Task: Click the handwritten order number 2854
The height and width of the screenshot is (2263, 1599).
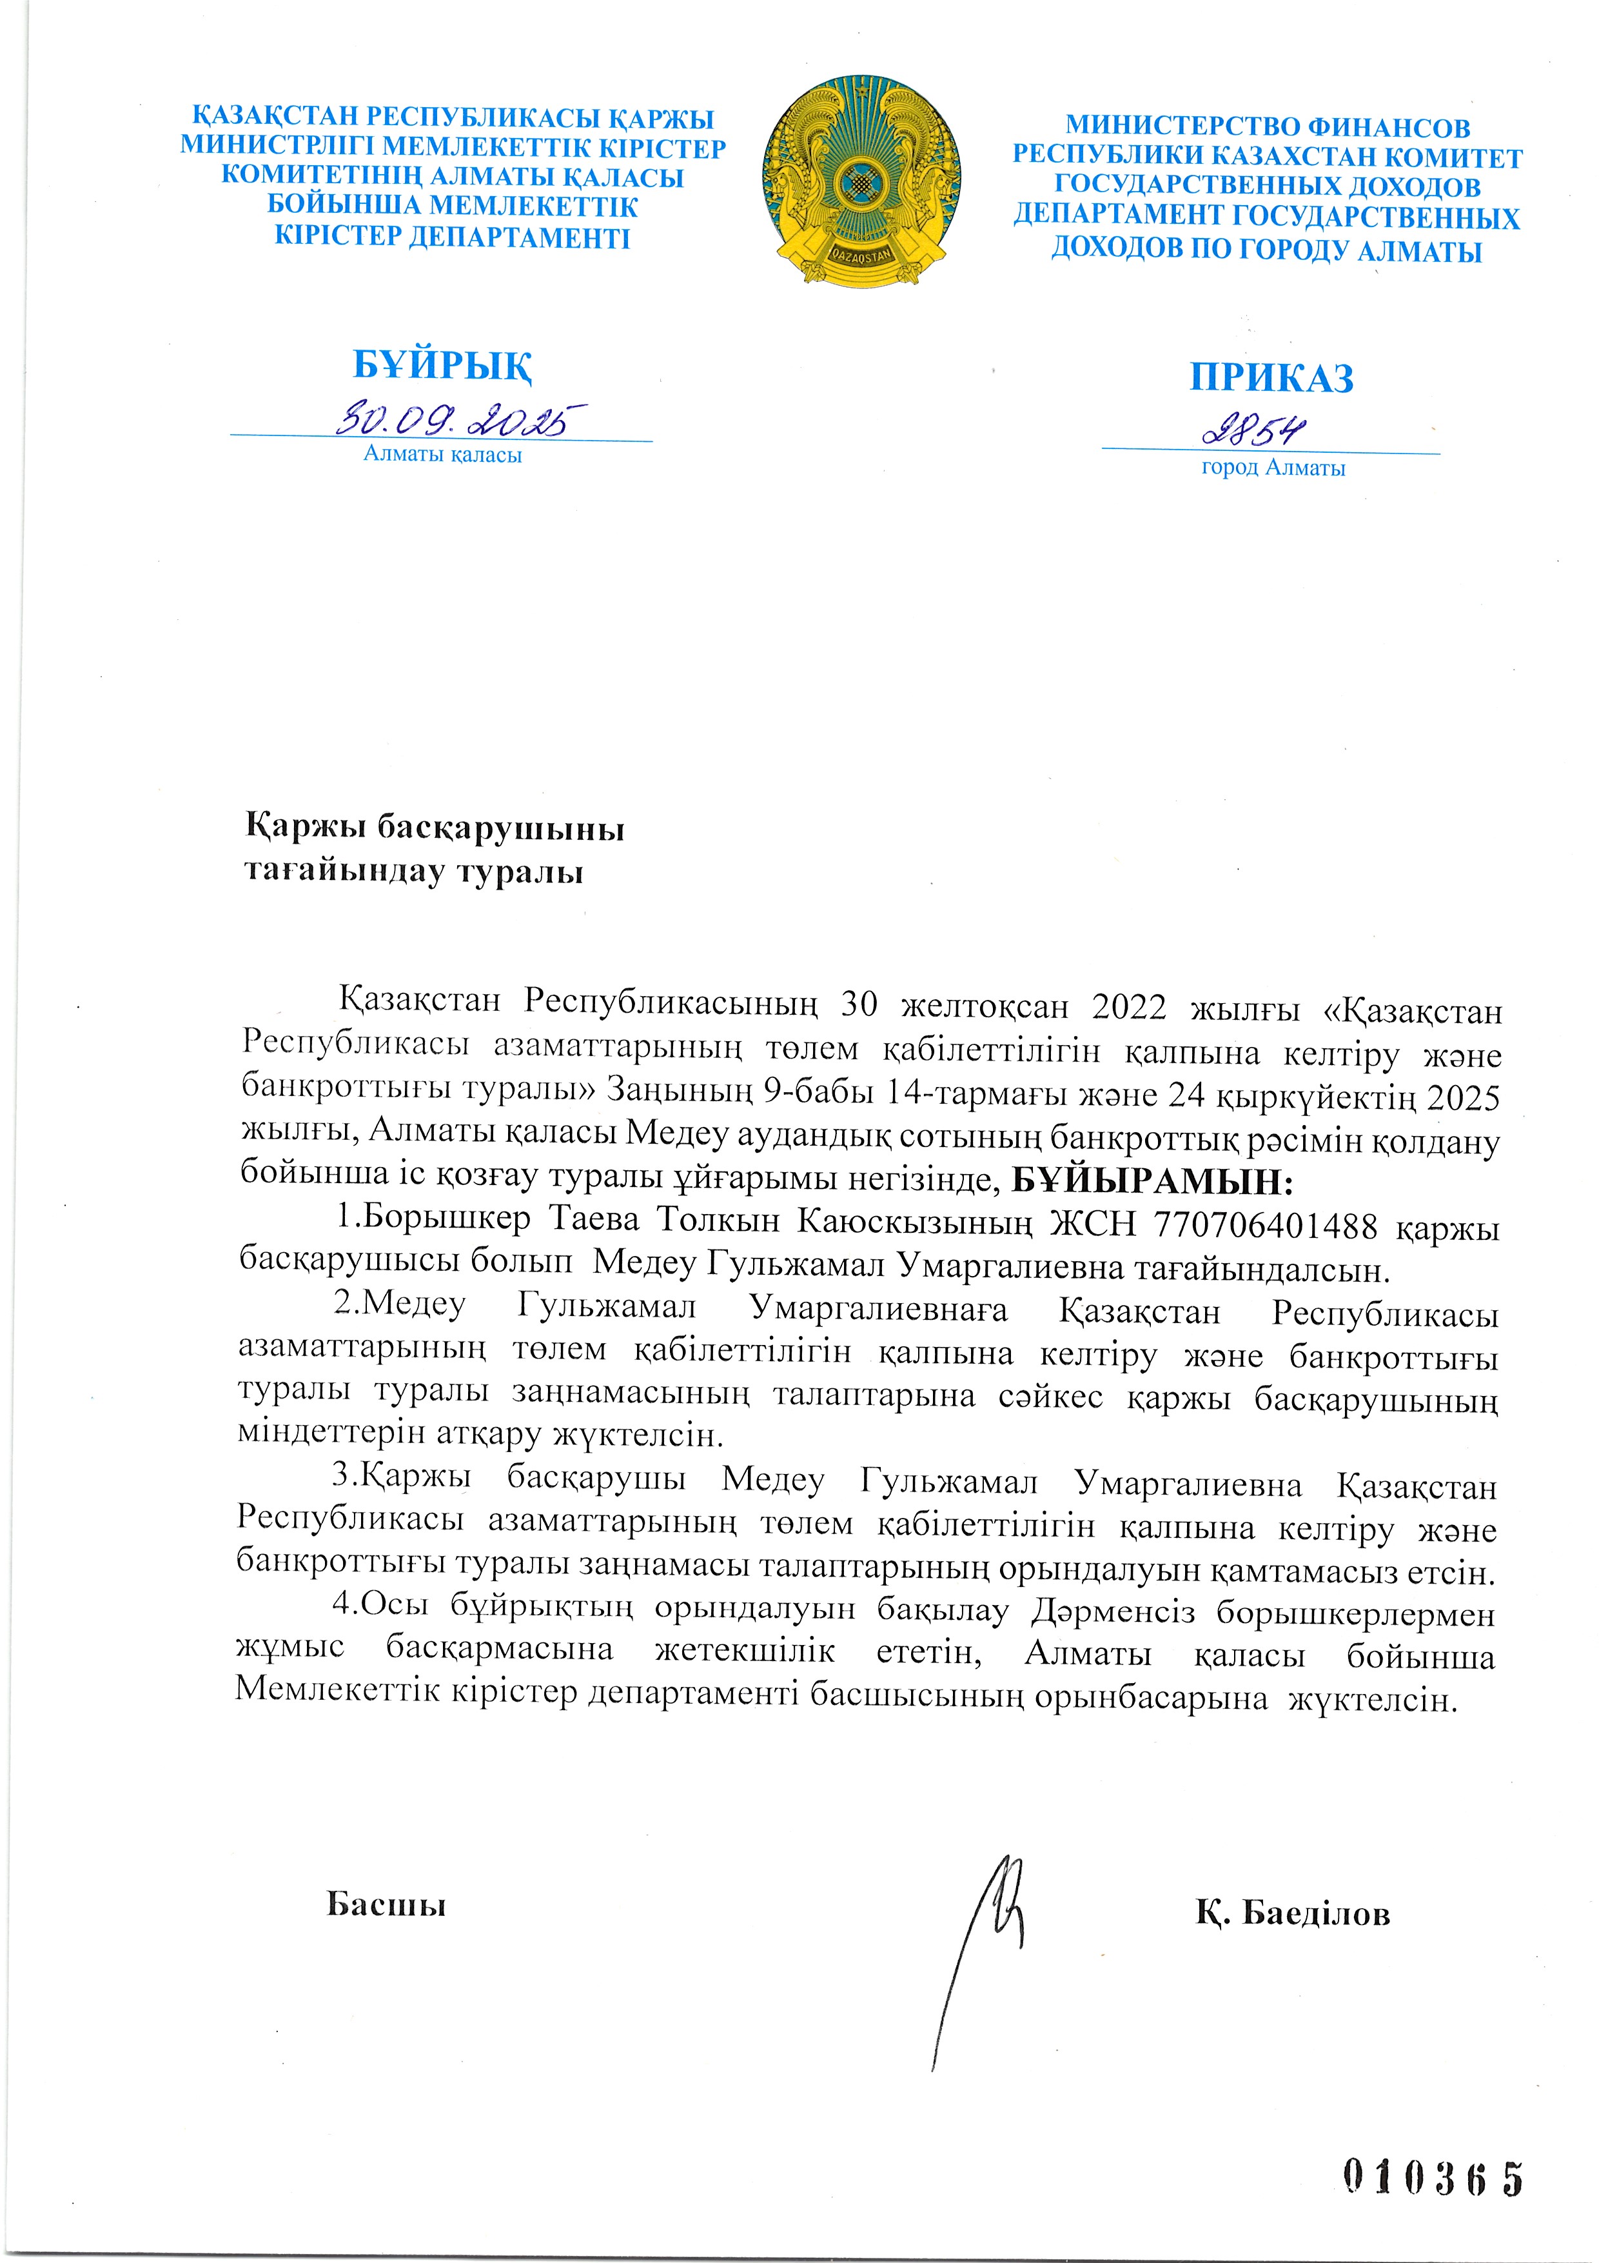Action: pos(1254,430)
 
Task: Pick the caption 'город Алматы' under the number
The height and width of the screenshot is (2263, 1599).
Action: pos(1272,468)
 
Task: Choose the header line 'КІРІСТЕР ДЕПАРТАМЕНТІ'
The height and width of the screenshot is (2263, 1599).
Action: pos(452,237)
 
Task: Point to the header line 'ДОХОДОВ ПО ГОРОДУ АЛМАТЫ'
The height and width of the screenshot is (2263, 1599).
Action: pos(1266,250)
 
